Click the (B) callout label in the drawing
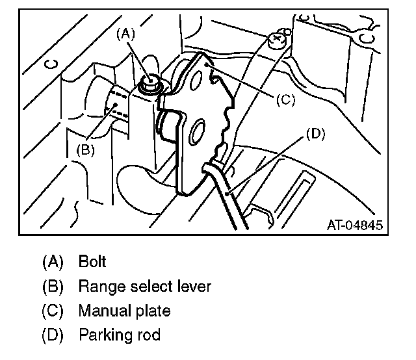pos(87,148)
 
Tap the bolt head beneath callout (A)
pos(150,83)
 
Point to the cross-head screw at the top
pos(278,39)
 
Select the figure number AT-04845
pos(354,225)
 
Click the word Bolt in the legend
pos(92,262)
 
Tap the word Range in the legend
pos(97,287)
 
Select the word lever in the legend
pos(194,287)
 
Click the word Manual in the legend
pos(101,311)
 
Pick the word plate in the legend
pos(156,311)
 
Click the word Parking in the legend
pos(103,336)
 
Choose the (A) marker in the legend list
pos(52,262)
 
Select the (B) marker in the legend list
pos(52,287)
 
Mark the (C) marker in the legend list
pos(52,311)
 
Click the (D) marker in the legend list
pos(52,336)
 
